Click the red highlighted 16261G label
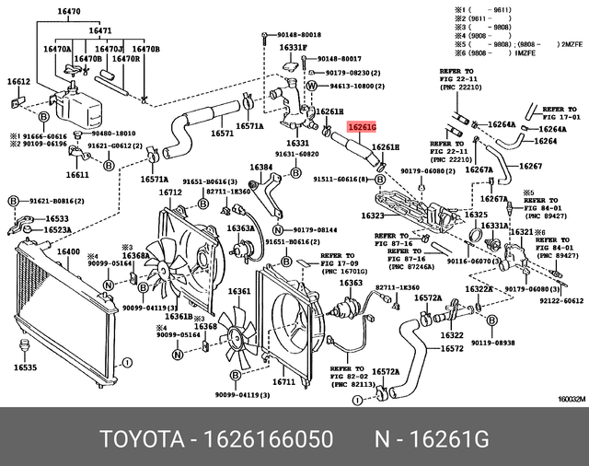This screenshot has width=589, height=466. [358, 128]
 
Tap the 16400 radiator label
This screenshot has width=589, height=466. [68, 251]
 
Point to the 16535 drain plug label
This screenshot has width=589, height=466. [25, 367]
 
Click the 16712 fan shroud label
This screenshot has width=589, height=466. [169, 192]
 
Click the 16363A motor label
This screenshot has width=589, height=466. [240, 227]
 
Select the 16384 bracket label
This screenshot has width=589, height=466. [261, 168]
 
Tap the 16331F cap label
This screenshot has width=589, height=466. [293, 47]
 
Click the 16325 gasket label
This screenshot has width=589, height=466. [475, 215]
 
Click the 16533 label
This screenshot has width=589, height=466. [57, 219]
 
